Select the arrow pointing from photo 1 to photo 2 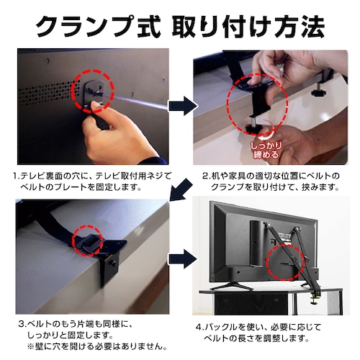(181, 106)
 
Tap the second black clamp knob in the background (316, 91)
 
